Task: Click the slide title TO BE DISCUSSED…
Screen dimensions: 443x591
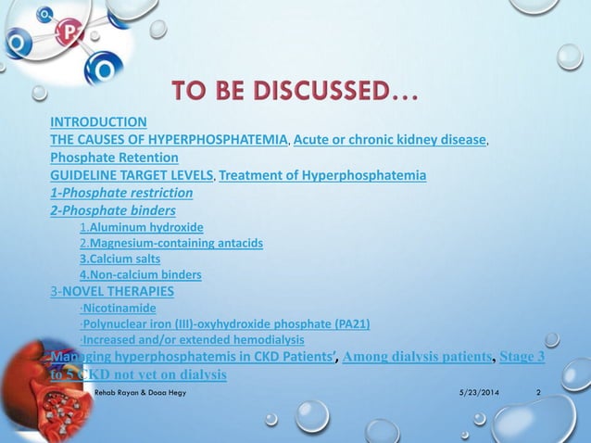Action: [x=294, y=94]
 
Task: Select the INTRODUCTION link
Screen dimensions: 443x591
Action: [x=98, y=121]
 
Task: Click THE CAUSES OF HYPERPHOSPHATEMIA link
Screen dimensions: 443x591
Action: [x=169, y=139]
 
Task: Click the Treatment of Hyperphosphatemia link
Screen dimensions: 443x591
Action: [x=322, y=174]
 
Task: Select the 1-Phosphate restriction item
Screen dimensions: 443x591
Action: [x=121, y=193]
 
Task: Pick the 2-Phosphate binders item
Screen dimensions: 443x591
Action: [x=113, y=210]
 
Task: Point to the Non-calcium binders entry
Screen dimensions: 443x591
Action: [x=145, y=274]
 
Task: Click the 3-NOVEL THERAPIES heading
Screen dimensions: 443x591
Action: [x=112, y=291]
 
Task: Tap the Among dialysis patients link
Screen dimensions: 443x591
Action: [x=416, y=357]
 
